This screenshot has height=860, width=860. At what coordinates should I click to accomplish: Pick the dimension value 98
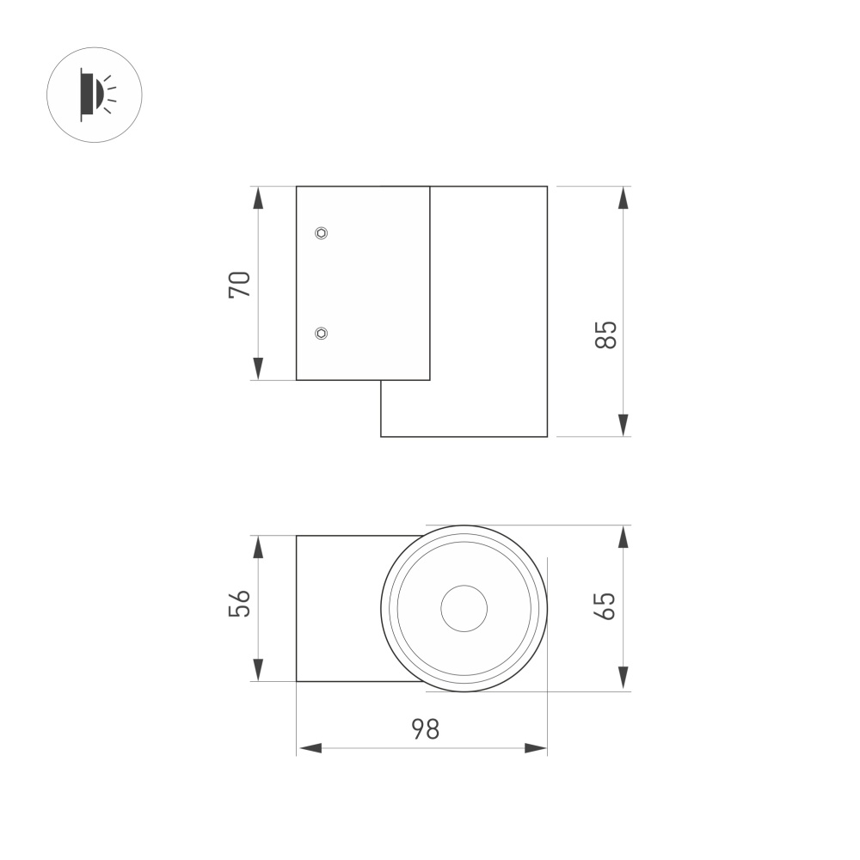tap(424, 729)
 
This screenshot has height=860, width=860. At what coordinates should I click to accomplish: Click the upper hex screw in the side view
tap(321, 232)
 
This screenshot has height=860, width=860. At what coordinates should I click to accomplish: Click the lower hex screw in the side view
tap(321, 333)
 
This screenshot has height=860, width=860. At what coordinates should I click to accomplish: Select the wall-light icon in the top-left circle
tap(94, 95)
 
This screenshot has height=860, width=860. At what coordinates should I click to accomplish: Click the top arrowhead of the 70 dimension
tap(258, 198)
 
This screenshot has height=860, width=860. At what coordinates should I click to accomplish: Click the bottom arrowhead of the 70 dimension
tap(258, 369)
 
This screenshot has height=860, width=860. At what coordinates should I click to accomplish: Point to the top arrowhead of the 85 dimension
tap(623, 198)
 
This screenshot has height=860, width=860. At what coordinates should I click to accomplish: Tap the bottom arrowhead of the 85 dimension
tap(623, 425)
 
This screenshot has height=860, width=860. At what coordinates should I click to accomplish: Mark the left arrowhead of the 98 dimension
tap(310, 748)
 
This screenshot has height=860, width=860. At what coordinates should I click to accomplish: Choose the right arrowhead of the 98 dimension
tap(535, 748)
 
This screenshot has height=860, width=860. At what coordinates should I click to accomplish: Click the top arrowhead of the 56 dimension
tap(258, 547)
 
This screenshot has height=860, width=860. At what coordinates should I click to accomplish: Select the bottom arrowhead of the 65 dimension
tap(623, 679)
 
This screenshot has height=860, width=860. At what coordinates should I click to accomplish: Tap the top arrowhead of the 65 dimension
tap(623, 537)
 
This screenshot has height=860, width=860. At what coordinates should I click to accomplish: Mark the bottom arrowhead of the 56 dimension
tap(258, 670)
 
